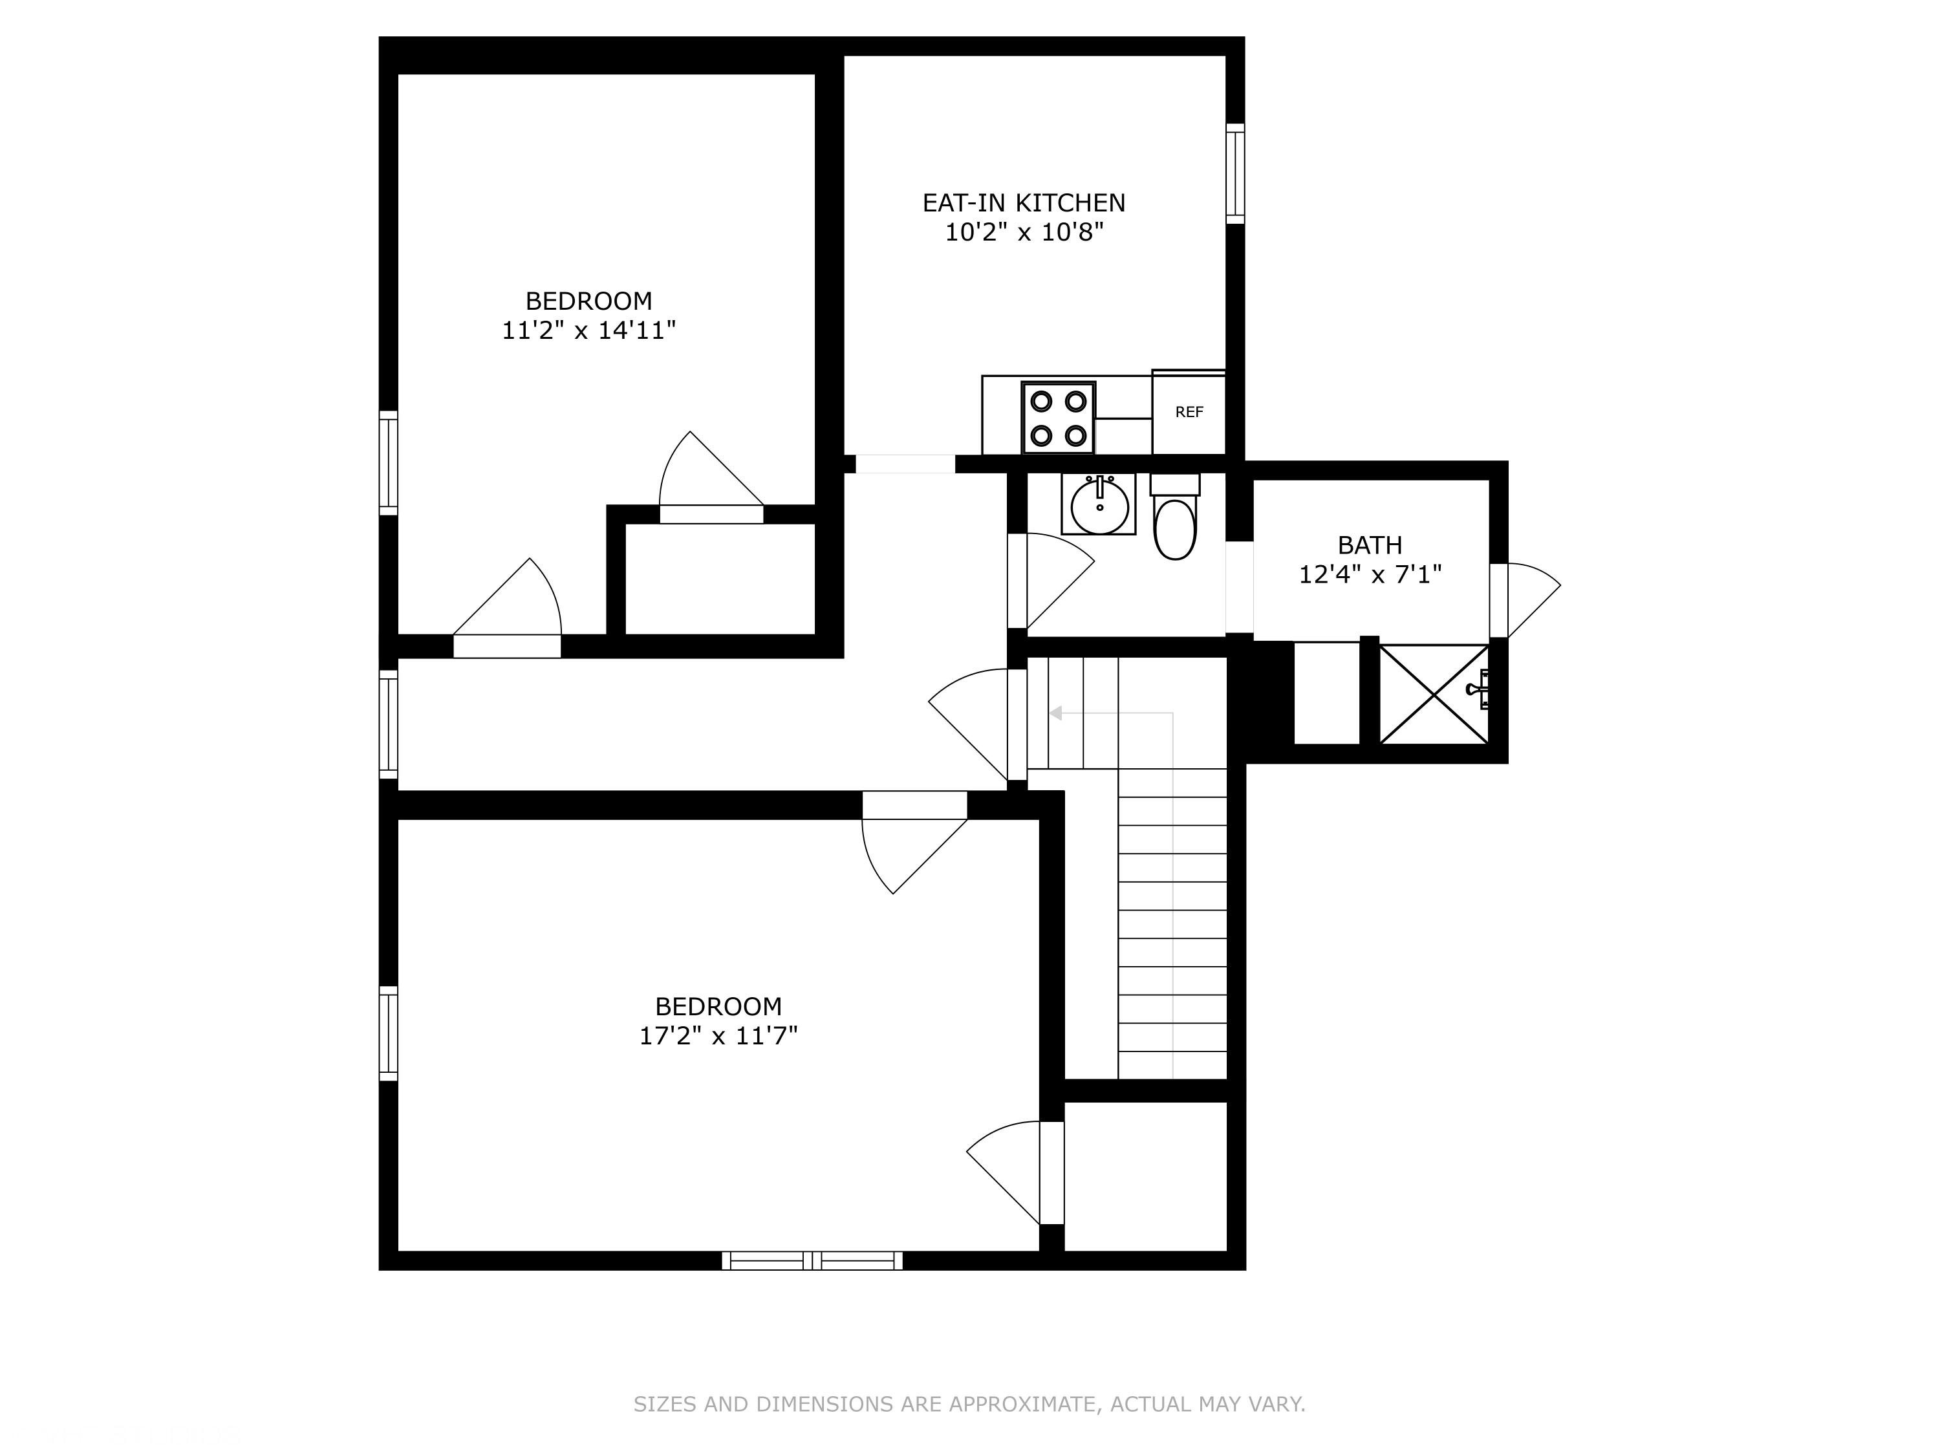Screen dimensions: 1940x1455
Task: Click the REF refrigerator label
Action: coord(1189,412)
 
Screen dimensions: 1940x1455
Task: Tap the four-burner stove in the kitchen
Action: coord(1059,418)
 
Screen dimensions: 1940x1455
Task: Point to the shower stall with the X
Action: coord(1434,694)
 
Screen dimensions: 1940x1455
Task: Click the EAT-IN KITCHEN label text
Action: coord(1024,202)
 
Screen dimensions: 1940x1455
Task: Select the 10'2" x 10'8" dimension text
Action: coord(1024,232)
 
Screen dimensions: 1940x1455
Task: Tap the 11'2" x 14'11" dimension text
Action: coord(588,330)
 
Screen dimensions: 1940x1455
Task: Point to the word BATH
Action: coord(1370,546)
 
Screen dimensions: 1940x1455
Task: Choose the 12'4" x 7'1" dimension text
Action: coord(1370,574)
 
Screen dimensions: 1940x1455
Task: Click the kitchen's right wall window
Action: coord(1235,174)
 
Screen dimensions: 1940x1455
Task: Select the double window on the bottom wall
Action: coord(812,1260)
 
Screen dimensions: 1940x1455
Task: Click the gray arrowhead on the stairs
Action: coord(1056,713)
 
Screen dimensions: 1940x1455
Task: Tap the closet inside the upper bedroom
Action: coord(720,579)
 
